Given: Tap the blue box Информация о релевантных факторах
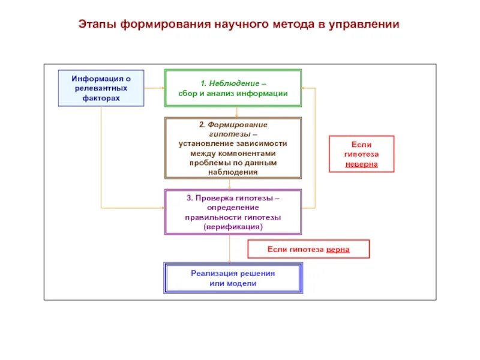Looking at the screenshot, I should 101,88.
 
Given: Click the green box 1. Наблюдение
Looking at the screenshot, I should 233,88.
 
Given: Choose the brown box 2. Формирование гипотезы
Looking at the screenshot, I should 233,148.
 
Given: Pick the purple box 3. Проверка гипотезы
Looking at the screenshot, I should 233,212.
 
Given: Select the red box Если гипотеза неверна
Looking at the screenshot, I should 361,154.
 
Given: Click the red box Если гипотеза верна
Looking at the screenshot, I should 308,249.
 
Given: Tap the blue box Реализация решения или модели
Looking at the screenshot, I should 233,278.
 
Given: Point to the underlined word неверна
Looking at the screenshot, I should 361,164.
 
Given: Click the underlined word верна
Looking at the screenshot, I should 338,249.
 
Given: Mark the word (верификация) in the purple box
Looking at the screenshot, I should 233,227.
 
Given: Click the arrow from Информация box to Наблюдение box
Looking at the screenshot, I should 154,88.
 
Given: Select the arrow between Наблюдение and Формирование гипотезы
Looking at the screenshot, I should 236,112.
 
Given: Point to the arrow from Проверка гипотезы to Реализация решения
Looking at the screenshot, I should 230,248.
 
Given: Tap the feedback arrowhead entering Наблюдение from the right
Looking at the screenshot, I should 305,88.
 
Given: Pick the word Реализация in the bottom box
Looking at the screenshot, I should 214,273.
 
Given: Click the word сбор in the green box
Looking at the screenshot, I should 188,93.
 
